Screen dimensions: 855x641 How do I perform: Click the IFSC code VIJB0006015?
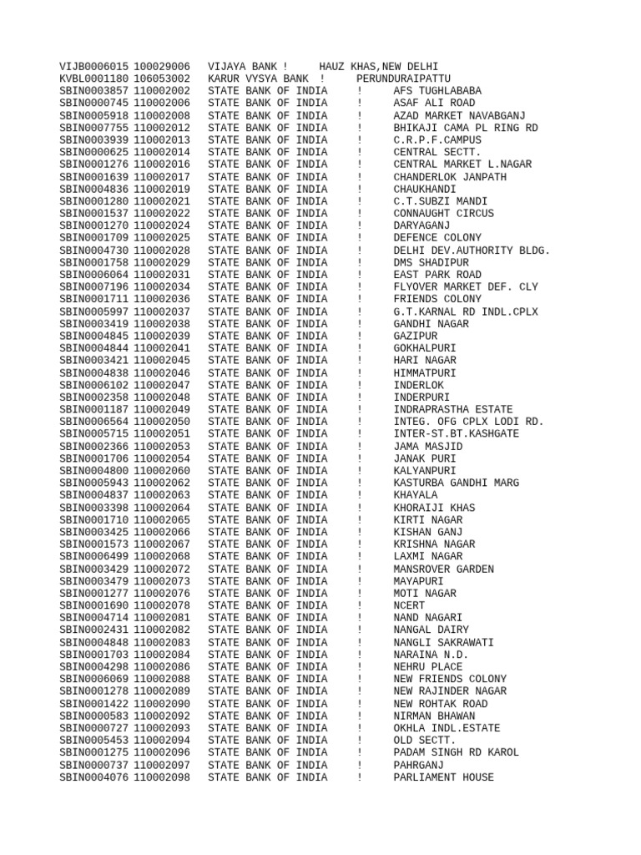pyautogui.click(x=94, y=66)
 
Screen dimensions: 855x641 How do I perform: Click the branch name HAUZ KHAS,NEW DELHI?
pyautogui.click(x=378, y=66)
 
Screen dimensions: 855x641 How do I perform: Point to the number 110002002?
pyautogui.click(x=162, y=91)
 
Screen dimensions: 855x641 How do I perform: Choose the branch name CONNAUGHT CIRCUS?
pyautogui.click(x=443, y=214)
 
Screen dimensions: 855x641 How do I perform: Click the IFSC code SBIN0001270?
pyautogui.click(x=94, y=225)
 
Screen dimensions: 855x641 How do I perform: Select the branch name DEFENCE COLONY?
pyautogui.click(x=437, y=238)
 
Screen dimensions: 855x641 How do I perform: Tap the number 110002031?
pyautogui.click(x=162, y=275)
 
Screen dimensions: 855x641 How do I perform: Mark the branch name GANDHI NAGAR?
pyautogui.click(x=431, y=324)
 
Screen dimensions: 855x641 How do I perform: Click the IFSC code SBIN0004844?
pyautogui.click(x=94, y=348)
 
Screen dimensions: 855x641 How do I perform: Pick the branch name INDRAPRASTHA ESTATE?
pyautogui.click(x=453, y=410)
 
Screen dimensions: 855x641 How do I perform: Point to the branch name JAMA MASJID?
pyautogui.click(x=427, y=447)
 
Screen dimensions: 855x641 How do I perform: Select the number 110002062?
pyautogui.click(x=162, y=483)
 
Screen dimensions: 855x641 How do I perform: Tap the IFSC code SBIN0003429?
pyautogui.click(x=94, y=569)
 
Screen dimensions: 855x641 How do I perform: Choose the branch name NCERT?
pyautogui.click(x=409, y=606)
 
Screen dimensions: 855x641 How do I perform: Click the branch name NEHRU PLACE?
pyautogui.click(x=427, y=667)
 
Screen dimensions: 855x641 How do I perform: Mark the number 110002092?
pyautogui.click(x=162, y=716)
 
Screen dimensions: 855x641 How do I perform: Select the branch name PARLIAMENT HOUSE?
pyautogui.click(x=443, y=778)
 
